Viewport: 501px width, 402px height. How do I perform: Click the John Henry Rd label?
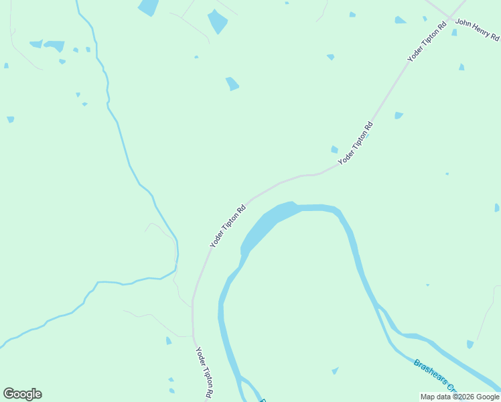pos(478,29)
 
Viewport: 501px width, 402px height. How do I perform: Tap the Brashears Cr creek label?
pos(434,376)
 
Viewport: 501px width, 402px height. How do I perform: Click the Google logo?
pos(22,394)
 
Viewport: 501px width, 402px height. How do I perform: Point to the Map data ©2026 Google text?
pos(460,397)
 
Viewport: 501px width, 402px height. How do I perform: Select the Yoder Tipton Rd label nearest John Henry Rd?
pos(427,42)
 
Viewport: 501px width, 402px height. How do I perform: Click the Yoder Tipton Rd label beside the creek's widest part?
pos(228,226)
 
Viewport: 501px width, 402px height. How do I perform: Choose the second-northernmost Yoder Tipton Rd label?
pos(355,143)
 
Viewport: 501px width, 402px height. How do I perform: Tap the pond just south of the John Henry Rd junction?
pos(454,32)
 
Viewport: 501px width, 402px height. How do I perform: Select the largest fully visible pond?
pos(217,21)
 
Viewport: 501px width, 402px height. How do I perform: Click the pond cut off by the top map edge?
pos(148,7)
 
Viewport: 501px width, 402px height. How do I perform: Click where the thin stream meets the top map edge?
pos(77,1)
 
